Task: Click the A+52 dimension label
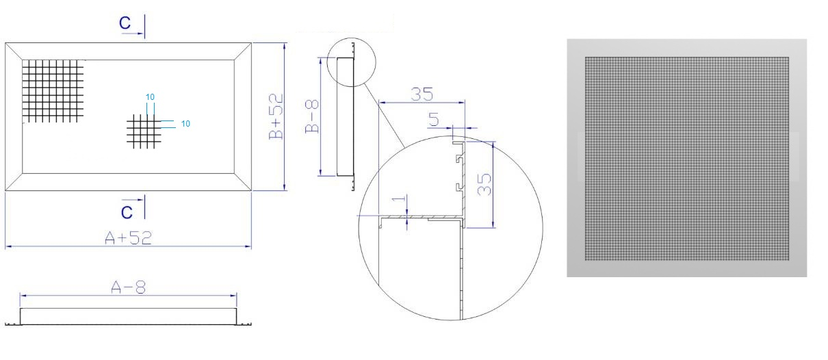(x=128, y=237)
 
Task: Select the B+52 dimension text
(x=276, y=116)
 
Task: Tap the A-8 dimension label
(x=128, y=287)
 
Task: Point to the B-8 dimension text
(x=312, y=116)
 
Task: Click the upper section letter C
(x=125, y=23)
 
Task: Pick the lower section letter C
(x=127, y=212)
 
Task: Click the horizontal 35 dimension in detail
(x=422, y=94)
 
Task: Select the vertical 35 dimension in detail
(x=484, y=184)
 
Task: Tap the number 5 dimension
(x=434, y=119)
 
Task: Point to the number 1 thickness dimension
(x=399, y=198)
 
